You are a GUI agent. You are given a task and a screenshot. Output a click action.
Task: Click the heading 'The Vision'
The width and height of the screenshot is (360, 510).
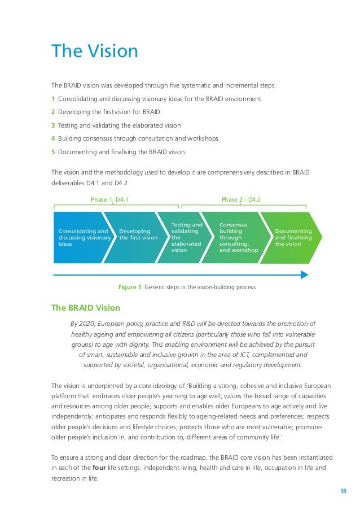(x=94, y=51)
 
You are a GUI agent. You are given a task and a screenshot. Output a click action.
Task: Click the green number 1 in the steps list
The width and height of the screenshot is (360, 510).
(x=53, y=99)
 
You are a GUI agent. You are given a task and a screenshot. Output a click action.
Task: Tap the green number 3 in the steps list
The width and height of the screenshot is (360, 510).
(x=53, y=125)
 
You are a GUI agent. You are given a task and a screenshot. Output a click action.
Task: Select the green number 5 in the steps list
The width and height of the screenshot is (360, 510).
(x=53, y=152)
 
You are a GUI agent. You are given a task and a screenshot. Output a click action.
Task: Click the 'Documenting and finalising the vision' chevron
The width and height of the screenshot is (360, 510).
(x=291, y=238)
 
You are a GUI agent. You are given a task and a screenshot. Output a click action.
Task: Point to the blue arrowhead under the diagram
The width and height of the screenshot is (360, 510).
(x=304, y=275)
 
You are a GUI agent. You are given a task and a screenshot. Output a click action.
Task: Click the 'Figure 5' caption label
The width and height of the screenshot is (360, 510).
(x=130, y=287)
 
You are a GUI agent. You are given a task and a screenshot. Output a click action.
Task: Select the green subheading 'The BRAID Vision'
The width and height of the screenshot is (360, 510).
(x=85, y=308)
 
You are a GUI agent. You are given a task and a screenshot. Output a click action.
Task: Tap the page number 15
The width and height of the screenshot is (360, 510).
(x=343, y=490)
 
